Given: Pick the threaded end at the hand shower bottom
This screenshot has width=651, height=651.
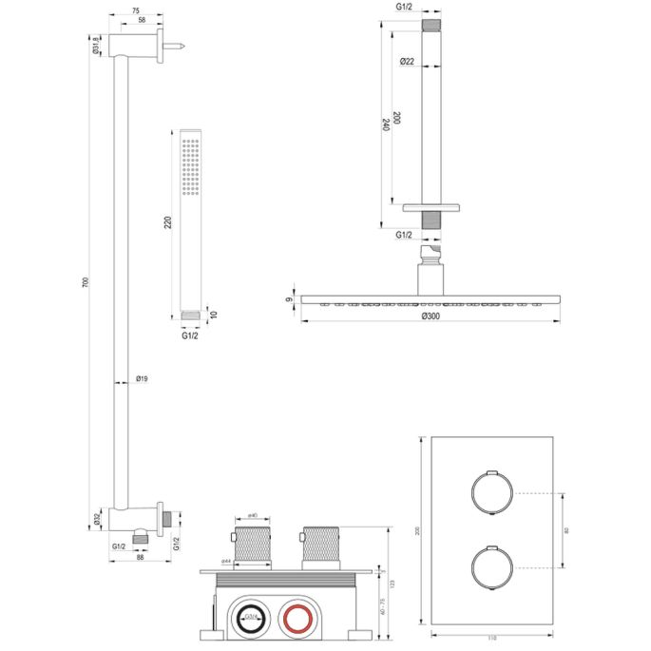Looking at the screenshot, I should pos(193,314).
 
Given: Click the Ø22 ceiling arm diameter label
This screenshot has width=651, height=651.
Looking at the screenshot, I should pos(407,63).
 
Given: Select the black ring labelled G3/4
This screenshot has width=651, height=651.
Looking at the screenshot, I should pos(252,619).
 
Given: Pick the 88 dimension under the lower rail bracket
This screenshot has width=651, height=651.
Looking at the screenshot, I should pos(141,558).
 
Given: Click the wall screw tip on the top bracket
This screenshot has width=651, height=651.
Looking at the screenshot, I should pos(178,44).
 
